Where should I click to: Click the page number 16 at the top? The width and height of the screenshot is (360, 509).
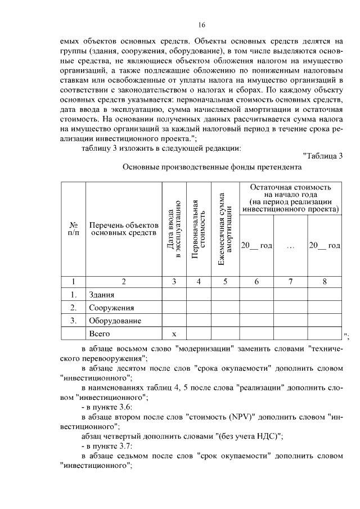[202, 25]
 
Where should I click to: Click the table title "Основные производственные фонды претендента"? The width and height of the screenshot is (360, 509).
[212, 167]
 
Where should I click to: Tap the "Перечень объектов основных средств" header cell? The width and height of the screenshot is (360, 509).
[121, 228]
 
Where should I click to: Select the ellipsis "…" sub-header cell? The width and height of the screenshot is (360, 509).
[290, 246]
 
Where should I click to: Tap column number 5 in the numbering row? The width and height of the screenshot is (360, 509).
[226, 282]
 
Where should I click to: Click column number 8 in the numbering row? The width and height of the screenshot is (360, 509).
[325, 282]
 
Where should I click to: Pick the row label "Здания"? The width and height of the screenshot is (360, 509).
[102, 295]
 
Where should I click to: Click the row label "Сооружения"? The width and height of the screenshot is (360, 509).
[111, 308]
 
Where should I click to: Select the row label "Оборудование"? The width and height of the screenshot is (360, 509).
[114, 321]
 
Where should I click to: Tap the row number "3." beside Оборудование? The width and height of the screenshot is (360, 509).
[73, 321]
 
